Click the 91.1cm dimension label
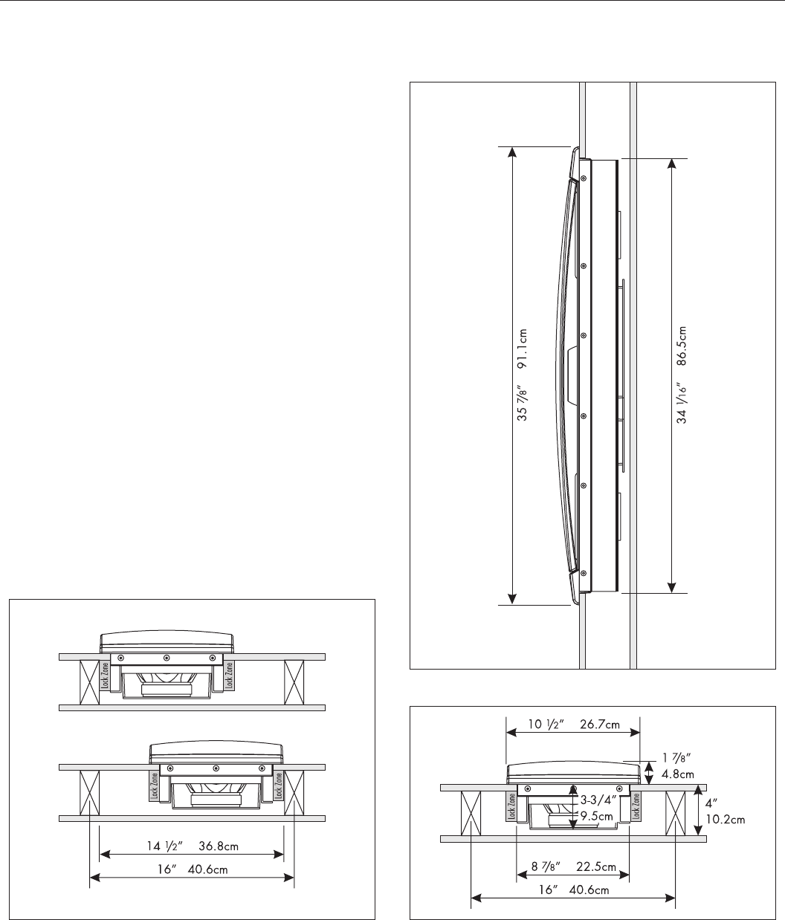[523, 349]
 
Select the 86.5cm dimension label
[682, 346]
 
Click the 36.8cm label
[218, 846]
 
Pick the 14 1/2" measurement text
[165, 846]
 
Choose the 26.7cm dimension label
[600, 724]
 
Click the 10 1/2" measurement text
[546, 724]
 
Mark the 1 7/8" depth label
[676, 757]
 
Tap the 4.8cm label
[678, 774]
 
